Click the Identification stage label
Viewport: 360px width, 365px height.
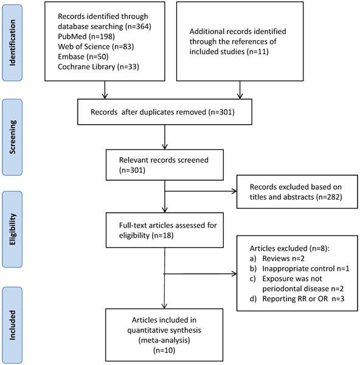click(12, 43)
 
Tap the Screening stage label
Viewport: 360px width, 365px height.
click(12, 137)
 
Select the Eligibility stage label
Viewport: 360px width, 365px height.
click(12, 229)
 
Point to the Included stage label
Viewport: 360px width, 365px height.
click(12, 325)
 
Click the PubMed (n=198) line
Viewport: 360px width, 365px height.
click(86, 36)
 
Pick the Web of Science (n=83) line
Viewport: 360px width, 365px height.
click(96, 47)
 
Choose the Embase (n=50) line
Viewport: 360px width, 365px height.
click(83, 57)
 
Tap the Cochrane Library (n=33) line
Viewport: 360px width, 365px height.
click(99, 67)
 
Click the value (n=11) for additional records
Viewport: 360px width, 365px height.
click(258, 52)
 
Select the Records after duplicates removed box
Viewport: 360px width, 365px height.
click(165, 112)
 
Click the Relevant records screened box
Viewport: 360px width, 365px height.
click(165, 165)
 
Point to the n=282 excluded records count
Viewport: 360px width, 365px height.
click(329, 197)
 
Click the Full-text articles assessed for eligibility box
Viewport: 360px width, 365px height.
click(165, 230)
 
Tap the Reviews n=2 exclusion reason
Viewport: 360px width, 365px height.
click(277, 259)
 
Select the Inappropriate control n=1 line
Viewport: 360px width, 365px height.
click(300, 269)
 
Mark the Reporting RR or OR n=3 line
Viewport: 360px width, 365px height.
click(297, 299)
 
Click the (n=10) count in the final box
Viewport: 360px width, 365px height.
click(164, 350)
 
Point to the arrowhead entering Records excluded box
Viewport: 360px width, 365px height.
click(234, 192)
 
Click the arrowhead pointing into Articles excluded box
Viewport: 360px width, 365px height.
click(234, 274)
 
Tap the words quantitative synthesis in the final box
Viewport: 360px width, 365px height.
click(164, 330)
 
